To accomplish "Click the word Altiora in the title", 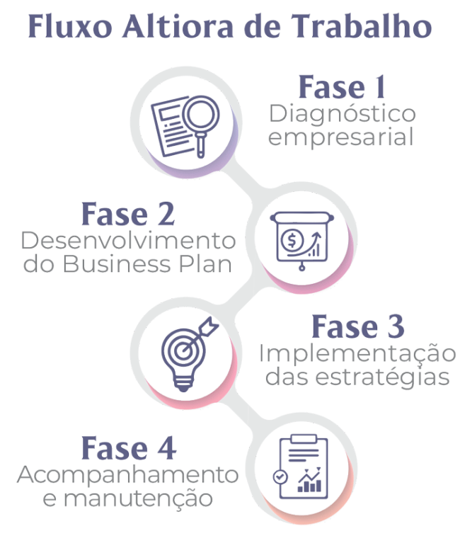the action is pyautogui.click(x=177, y=27).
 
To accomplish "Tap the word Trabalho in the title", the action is pyautogui.click(x=361, y=26).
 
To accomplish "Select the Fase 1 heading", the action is pyautogui.click(x=342, y=86).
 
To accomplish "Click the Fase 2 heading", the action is pyautogui.click(x=128, y=214).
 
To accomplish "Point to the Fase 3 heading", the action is pyautogui.click(x=357, y=326).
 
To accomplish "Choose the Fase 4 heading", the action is pyautogui.click(x=129, y=448).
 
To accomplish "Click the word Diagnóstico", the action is pyautogui.click(x=342, y=114).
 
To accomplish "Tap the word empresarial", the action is pyautogui.click(x=340, y=137).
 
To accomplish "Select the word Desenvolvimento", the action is pyautogui.click(x=128, y=241).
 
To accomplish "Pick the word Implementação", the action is pyautogui.click(x=357, y=355).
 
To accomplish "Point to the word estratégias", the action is pyautogui.click(x=381, y=377).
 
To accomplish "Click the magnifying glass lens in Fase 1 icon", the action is pyautogui.click(x=201, y=114).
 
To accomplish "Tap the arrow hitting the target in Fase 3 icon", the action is pyautogui.click(x=200, y=335).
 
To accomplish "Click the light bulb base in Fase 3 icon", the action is pyautogui.click(x=183, y=384).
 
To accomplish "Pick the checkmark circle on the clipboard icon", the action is pyautogui.click(x=280, y=476).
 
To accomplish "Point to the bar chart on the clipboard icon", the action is pyautogui.click(x=309, y=481).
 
